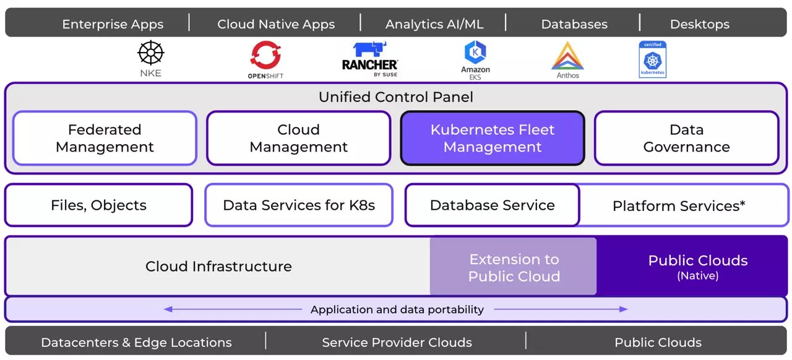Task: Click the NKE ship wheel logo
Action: [x=150, y=53]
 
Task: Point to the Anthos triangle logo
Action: [x=567, y=56]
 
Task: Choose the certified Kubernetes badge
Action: [x=653, y=60]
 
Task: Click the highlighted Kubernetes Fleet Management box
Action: [x=493, y=138]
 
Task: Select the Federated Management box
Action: [x=105, y=138]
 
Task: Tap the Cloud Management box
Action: [x=298, y=138]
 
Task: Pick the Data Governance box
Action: [x=686, y=138]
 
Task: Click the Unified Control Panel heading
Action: [x=395, y=97]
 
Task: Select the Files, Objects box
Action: [x=98, y=205]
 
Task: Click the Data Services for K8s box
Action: [x=299, y=205]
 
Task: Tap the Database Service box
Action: [x=492, y=205]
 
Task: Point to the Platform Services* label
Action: [x=678, y=206]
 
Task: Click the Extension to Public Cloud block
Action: [x=514, y=267]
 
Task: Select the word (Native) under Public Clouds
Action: [x=697, y=276]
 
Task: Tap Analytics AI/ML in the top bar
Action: [x=434, y=25]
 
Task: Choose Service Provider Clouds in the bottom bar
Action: [x=397, y=343]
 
